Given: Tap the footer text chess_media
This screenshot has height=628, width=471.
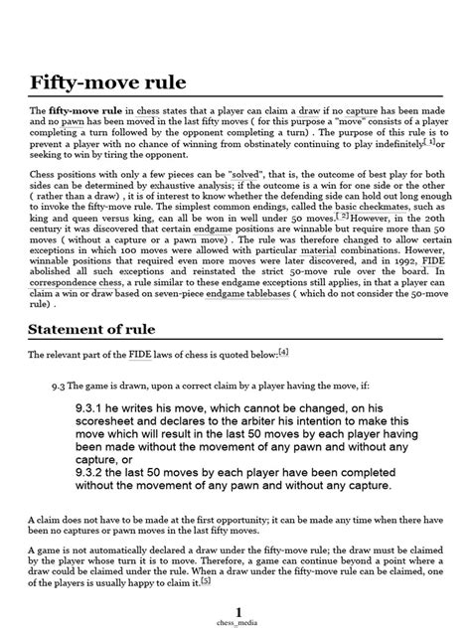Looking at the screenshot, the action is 235,620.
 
